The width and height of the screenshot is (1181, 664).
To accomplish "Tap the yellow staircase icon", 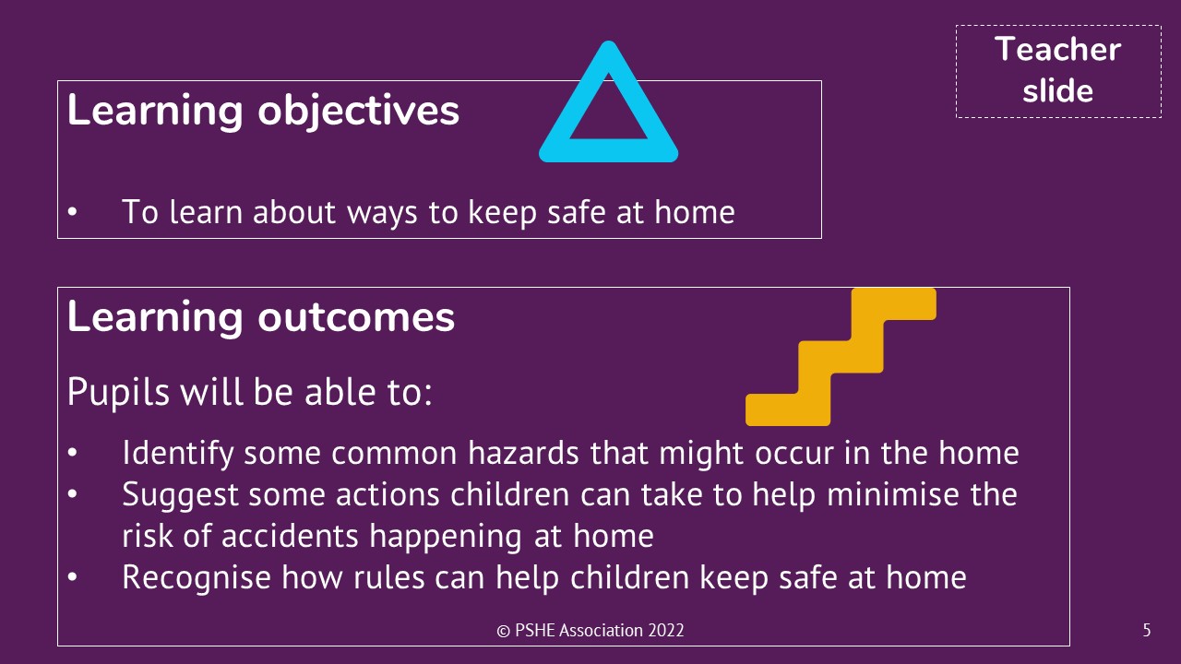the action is click(841, 357).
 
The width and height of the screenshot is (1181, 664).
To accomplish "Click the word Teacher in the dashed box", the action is click(1057, 50).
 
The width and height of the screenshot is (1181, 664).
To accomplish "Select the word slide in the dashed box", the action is click(1057, 90).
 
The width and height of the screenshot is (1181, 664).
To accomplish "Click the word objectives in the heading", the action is click(359, 112).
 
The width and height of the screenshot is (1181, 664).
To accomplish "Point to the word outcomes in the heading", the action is click(356, 317).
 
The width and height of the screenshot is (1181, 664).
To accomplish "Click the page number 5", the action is click(1147, 630).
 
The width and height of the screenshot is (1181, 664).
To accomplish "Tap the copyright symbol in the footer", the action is click(504, 631).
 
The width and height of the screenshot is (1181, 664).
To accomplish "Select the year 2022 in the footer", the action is click(666, 630).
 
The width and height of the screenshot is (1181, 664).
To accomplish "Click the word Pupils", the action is click(118, 393).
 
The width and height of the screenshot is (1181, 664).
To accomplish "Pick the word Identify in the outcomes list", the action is click(178, 454).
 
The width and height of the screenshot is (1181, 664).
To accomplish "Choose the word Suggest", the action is click(180, 496).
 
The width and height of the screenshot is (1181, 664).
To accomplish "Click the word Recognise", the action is click(197, 578).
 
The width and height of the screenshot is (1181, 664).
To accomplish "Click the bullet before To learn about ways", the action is click(73, 212).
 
